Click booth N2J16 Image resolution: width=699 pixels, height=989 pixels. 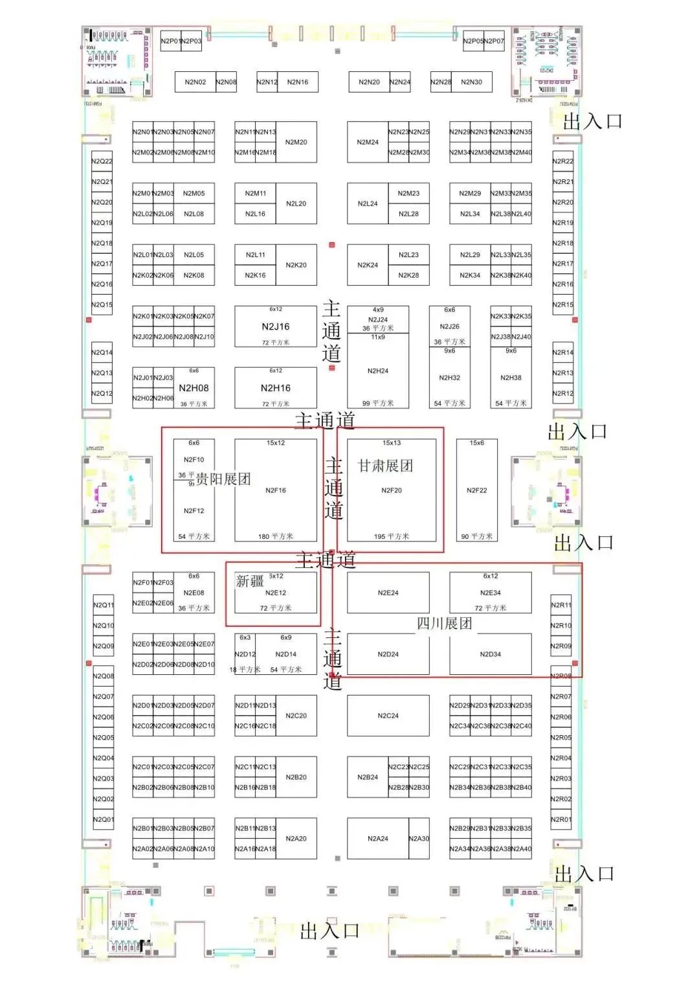tap(276, 326)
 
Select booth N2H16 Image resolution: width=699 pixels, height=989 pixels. tap(276, 388)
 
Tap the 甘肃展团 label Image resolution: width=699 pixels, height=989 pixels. tap(386, 466)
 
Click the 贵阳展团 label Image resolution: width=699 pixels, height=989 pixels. tap(223, 479)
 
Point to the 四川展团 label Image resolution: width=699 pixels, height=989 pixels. tap(445, 624)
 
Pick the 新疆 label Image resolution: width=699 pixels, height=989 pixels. tap(250, 581)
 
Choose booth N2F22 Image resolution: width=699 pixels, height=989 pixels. tap(477, 490)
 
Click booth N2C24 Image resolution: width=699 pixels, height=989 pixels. tap(388, 716)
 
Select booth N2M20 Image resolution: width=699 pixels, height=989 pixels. tap(296, 142)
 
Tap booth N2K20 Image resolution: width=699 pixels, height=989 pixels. tap(296, 265)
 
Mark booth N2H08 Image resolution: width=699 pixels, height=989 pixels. tap(194, 388)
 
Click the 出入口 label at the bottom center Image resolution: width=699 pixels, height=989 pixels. tap(329, 931)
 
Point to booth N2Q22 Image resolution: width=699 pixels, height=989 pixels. tap(102, 161)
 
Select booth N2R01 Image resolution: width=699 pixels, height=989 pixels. tap(561, 819)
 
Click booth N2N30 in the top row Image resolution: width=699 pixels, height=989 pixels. tap(471, 82)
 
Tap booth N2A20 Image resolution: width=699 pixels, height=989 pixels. tap(296, 839)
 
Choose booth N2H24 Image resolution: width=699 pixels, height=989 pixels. tap(378, 371)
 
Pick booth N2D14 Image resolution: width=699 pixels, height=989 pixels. tap(286, 654)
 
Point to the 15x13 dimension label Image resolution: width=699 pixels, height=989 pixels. tap(392, 443)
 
